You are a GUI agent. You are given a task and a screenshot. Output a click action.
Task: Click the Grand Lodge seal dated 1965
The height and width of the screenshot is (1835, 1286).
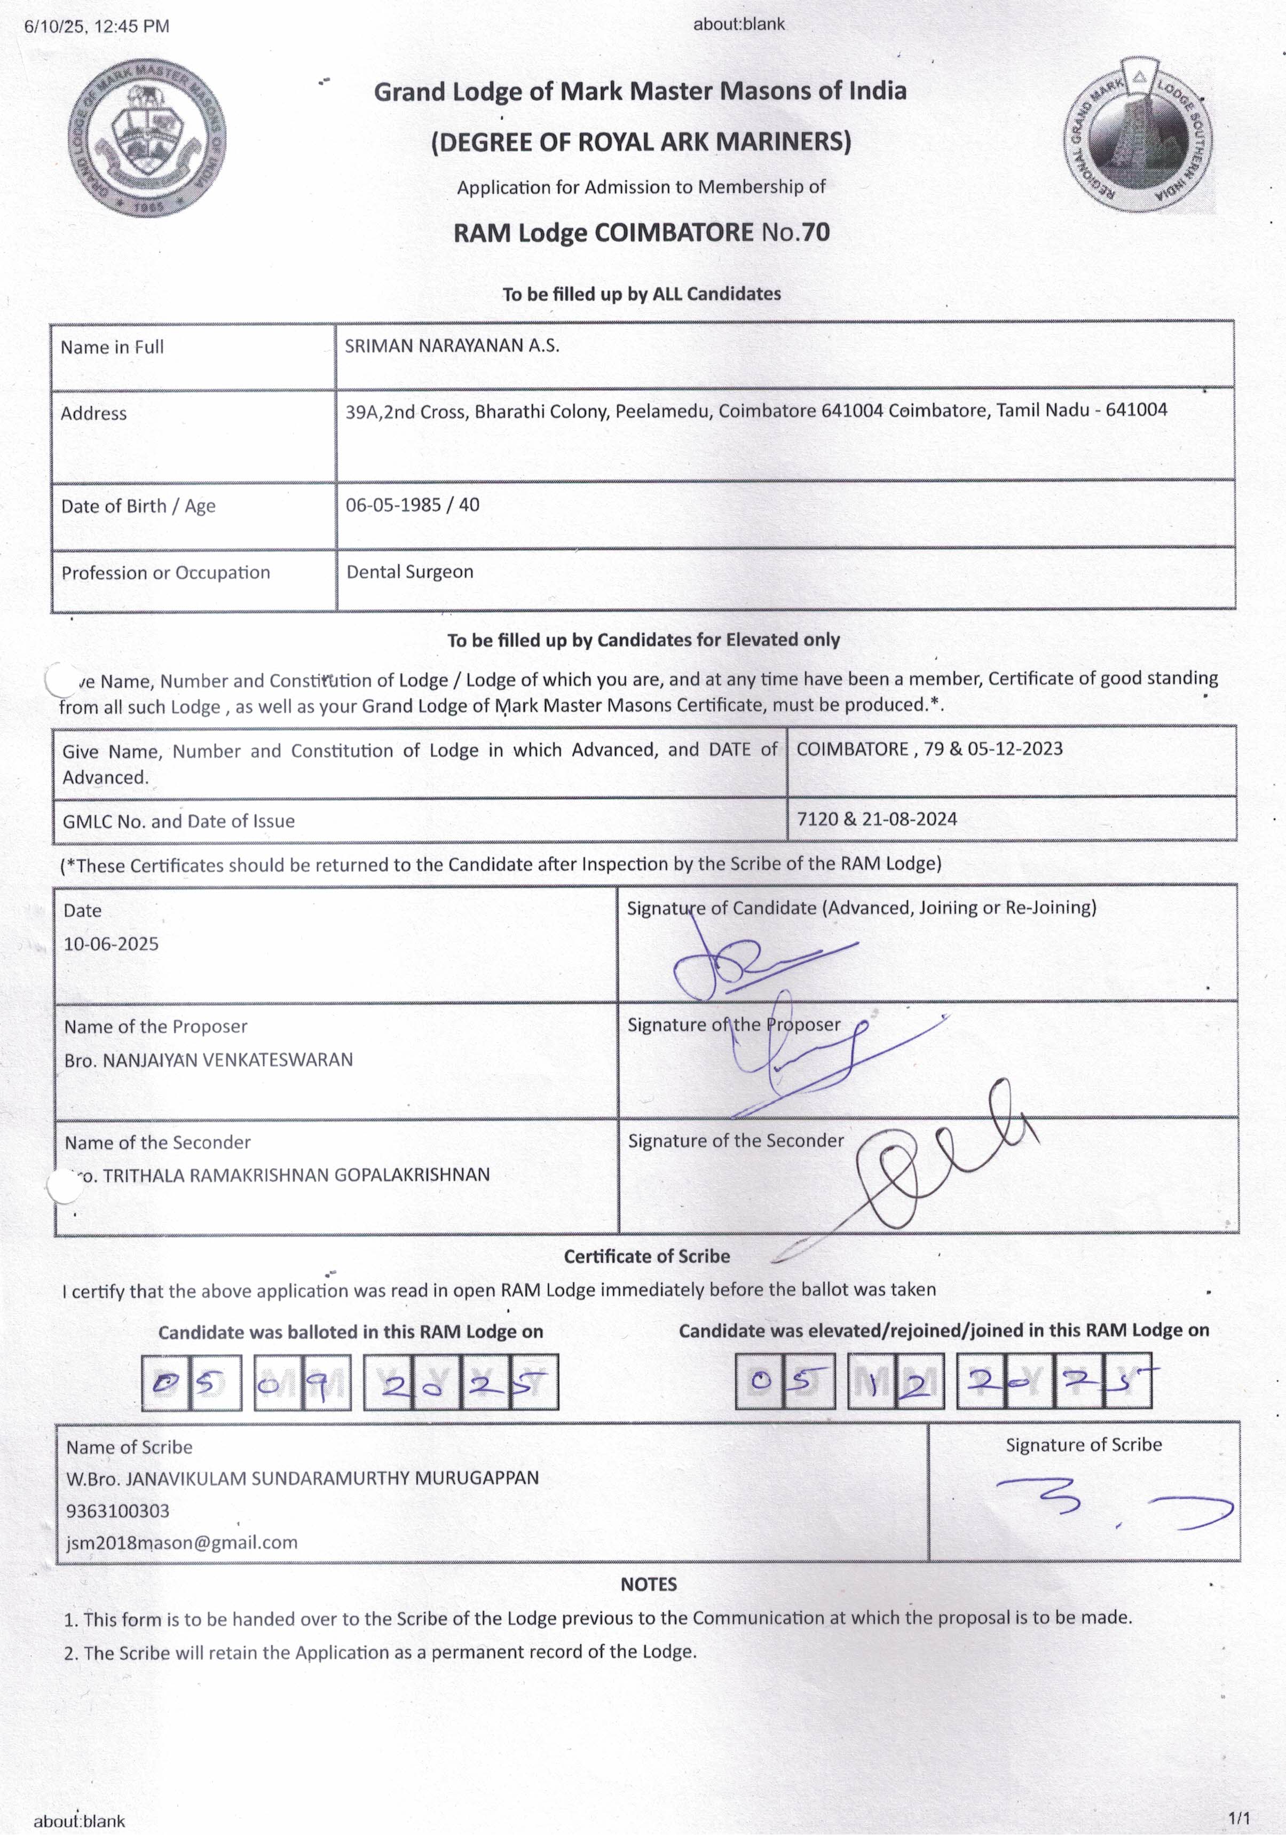tap(147, 137)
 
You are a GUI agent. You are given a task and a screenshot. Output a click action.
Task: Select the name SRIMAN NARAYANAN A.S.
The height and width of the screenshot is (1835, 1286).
tap(452, 346)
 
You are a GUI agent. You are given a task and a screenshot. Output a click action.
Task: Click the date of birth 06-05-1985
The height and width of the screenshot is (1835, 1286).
tap(393, 505)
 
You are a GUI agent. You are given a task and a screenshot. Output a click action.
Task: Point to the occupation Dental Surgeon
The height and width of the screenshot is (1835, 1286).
tap(409, 571)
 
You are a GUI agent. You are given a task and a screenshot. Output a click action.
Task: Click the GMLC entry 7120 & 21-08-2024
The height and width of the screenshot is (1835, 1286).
tap(876, 818)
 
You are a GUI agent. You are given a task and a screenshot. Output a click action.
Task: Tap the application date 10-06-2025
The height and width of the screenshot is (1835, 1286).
tap(111, 944)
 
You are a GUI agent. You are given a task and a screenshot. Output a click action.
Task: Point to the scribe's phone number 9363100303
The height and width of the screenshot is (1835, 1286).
tap(117, 1510)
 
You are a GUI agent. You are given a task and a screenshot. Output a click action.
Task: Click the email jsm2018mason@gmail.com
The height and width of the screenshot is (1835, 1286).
tap(182, 1542)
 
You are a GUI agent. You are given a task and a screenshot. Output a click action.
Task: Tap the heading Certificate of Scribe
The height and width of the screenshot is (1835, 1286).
tap(646, 1256)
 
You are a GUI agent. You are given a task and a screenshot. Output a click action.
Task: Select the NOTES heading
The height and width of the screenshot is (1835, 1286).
tap(648, 1584)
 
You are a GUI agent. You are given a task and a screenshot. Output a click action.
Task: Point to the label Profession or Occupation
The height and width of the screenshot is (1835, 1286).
tap(165, 573)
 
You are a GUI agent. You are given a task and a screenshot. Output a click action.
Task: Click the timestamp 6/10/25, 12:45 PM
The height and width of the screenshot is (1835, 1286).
tap(97, 26)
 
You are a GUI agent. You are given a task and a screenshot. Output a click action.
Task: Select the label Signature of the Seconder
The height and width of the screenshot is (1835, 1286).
tap(735, 1140)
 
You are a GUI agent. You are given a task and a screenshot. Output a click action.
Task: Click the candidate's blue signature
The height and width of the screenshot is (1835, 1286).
tap(751, 963)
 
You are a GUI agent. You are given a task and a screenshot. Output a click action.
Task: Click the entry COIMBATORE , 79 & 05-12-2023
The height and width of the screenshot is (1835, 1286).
tap(929, 749)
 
